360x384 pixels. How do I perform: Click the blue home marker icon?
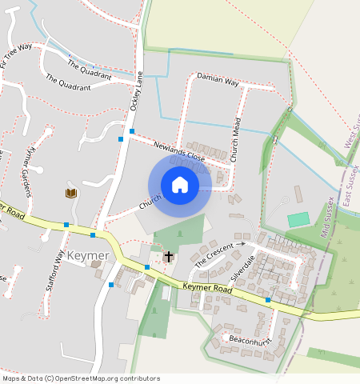point(180,186)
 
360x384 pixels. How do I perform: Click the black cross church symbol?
point(168,257)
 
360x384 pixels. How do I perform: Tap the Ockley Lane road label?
point(136,90)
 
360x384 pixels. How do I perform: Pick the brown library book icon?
point(70,193)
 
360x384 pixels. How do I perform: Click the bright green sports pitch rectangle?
point(298,219)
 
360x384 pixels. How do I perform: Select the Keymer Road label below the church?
point(207,288)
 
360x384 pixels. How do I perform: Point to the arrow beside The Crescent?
point(240,243)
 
